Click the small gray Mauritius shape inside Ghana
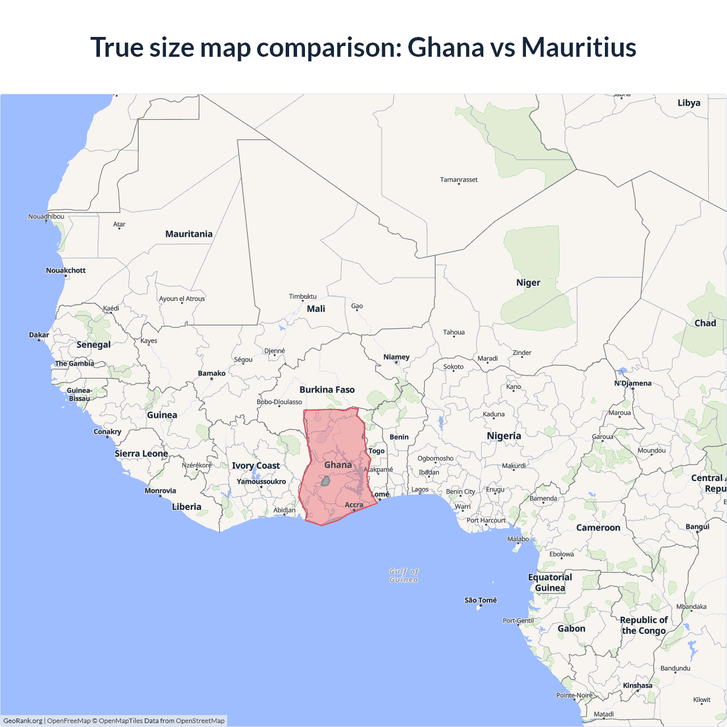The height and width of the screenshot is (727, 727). tap(325, 481)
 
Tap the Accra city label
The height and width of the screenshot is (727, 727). tap(354, 504)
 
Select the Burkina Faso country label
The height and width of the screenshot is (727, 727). tap(327, 390)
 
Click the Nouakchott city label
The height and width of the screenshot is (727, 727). tap(66, 270)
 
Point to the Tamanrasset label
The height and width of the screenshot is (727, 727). tap(458, 179)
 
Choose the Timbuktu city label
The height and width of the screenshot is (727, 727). tap(303, 296)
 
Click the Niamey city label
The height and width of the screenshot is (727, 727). tap(396, 357)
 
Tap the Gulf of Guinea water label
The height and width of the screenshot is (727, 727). tap(404, 575)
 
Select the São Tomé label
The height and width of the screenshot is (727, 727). tap(481, 600)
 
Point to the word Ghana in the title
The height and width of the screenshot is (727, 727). tap(445, 47)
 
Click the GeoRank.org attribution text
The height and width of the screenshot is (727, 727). tap(23, 721)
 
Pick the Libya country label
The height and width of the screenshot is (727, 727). tap(688, 103)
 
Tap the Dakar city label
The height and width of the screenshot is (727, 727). tap(39, 335)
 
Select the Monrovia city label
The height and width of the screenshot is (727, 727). tap(160, 491)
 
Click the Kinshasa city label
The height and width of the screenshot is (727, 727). tap(637, 686)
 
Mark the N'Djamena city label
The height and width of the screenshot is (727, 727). tap(633, 383)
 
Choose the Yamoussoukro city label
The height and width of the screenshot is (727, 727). tap(261, 482)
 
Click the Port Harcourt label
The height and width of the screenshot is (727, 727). tap(486, 520)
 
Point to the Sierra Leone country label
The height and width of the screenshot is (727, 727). tap(141, 453)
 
